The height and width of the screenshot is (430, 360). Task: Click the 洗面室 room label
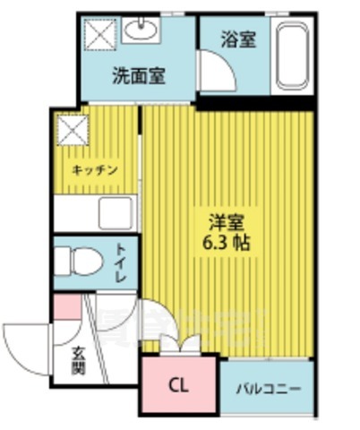[x=138, y=76]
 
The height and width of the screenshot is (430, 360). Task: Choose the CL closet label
[x=179, y=387]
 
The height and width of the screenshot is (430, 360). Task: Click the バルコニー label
[x=268, y=390]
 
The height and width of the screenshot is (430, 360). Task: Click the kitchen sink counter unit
[x=94, y=214]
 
